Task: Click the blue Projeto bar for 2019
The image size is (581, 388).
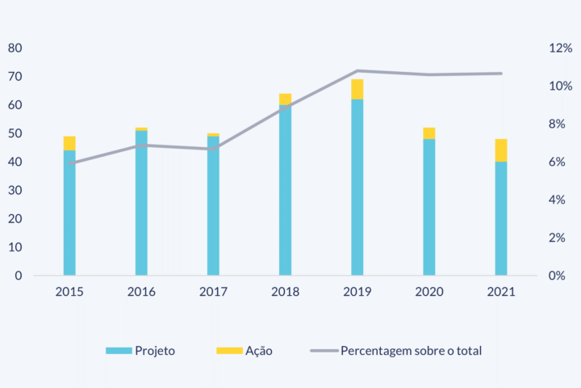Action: pos(357,188)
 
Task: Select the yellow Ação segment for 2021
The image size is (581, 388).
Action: pos(501,150)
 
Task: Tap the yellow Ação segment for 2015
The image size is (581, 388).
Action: pos(69,143)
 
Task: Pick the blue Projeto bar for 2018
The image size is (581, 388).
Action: pos(285,190)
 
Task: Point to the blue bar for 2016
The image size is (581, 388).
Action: pos(141,203)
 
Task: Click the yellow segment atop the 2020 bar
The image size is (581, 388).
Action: pos(429,133)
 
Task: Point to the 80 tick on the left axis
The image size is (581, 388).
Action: pos(15,48)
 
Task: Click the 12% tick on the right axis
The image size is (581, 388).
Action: pos(560,48)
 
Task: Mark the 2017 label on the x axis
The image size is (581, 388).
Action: pos(213,292)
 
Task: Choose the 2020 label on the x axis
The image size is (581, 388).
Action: pos(429,292)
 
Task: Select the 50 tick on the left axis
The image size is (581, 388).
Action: pos(15,133)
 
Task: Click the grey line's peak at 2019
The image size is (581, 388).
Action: pos(357,71)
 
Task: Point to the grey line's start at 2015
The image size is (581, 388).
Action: pos(69,163)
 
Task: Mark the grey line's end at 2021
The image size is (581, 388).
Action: pos(501,74)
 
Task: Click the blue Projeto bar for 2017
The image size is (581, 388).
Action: pos(213,206)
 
